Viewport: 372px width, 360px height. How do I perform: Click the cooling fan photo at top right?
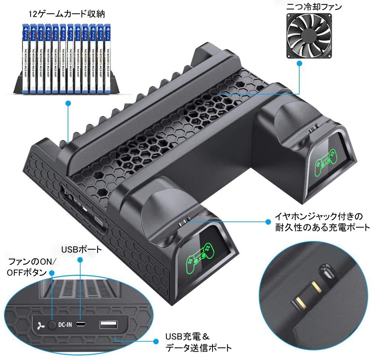click(x=309, y=35)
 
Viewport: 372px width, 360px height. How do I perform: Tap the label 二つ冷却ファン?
click(x=309, y=7)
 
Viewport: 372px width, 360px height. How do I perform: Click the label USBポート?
click(x=81, y=250)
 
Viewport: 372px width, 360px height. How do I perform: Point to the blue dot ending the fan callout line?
click(x=300, y=64)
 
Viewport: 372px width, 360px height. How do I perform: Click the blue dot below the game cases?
click(x=68, y=104)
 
